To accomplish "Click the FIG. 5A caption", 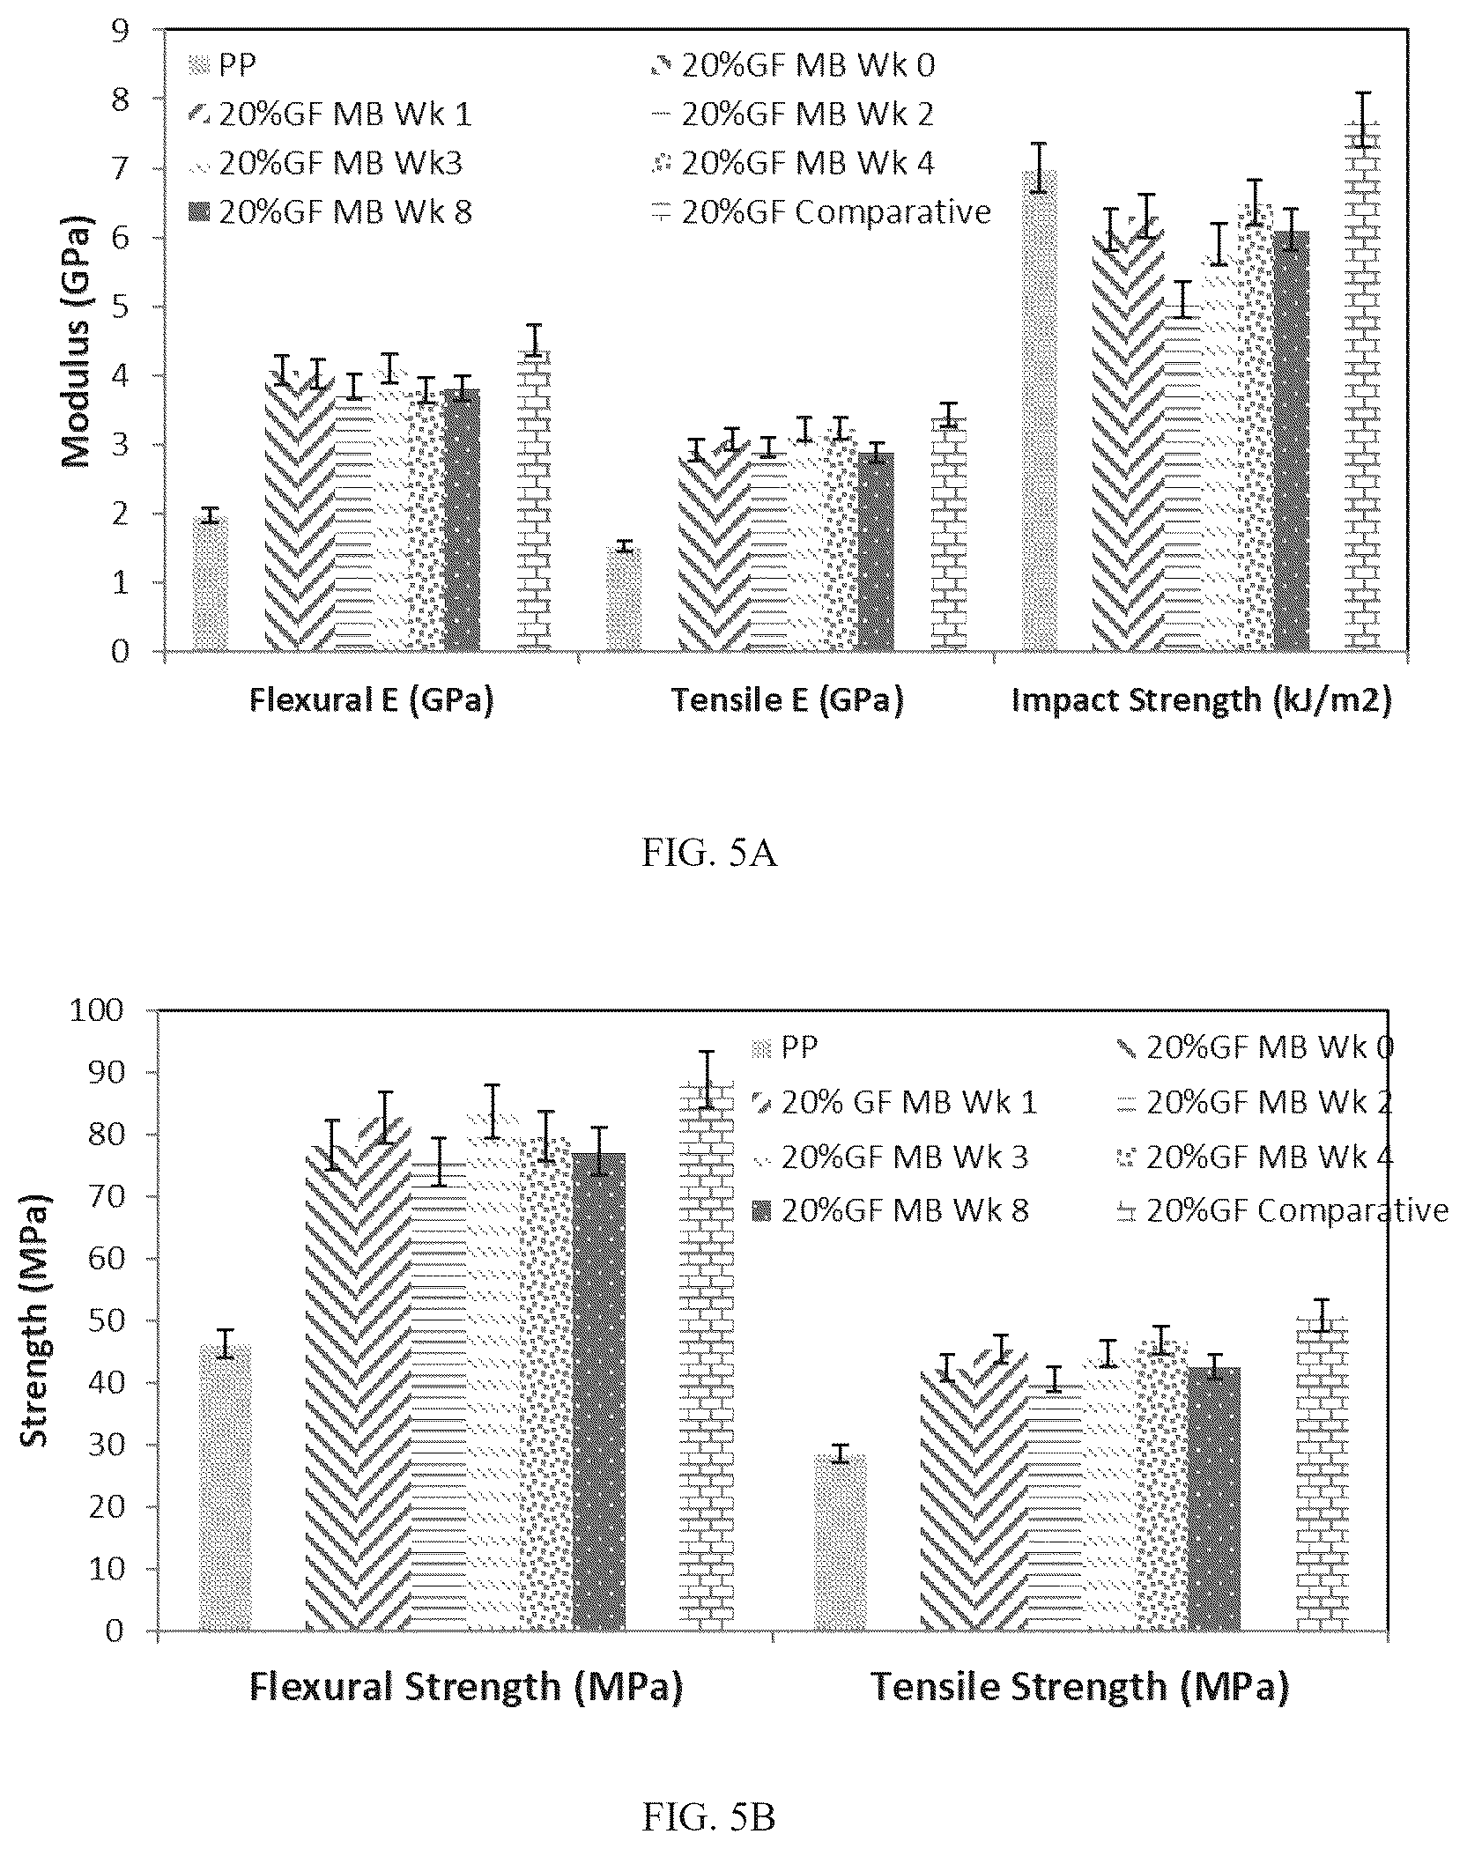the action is [709, 854].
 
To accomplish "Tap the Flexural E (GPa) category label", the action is [371, 700].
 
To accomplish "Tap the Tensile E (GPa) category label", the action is [788, 700].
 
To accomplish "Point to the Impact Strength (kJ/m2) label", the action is [1201, 700].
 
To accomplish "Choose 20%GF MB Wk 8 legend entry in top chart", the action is [330, 212].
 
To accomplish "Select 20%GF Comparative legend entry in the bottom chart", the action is [1280, 1210].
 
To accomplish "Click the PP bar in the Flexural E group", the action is [211, 583].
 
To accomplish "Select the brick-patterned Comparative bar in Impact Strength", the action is [1362, 387].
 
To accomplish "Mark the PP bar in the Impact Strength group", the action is [1040, 411].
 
